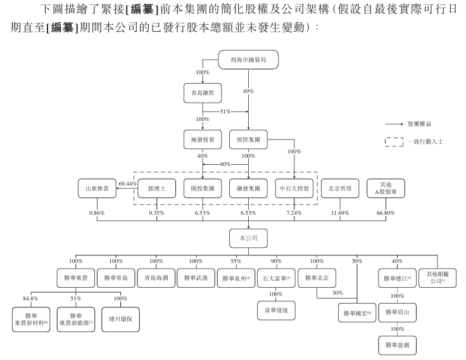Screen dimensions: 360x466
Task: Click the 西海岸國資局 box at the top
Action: click(x=248, y=61)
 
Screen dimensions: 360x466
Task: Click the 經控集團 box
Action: click(x=248, y=139)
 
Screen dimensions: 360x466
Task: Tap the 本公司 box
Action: click(x=248, y=237)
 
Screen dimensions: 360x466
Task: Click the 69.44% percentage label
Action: click(x=128, y=183)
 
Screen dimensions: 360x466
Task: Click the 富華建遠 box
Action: click(x=276, y=311)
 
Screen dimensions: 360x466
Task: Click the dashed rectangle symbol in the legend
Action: click(x=394, y=143)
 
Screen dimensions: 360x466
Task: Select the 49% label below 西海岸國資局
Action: click(x=248, y=92)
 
